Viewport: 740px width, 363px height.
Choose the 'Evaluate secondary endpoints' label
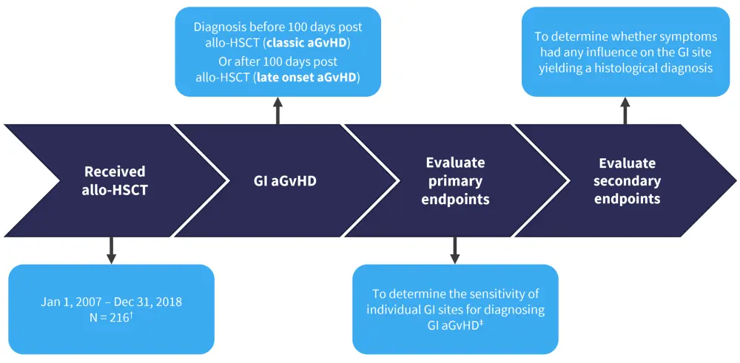[x=626, y=180]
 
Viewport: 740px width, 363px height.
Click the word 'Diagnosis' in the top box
[x=219, y=27]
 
